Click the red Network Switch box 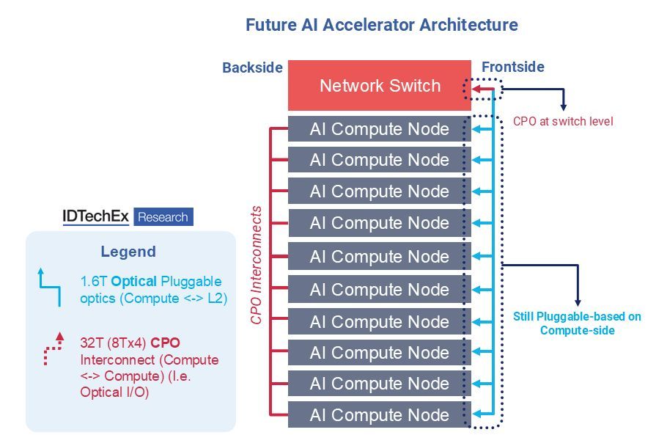tap(379, 86)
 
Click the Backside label tap(252, 67)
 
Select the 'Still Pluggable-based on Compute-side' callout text tap(577, 323)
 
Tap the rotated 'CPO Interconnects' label tap(256, 266)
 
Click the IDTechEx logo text tap(95, 217)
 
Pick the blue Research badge tap(163, 217)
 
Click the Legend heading tap(128, 252)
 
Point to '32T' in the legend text tap(92, 341)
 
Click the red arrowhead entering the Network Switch tap(475, 91)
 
